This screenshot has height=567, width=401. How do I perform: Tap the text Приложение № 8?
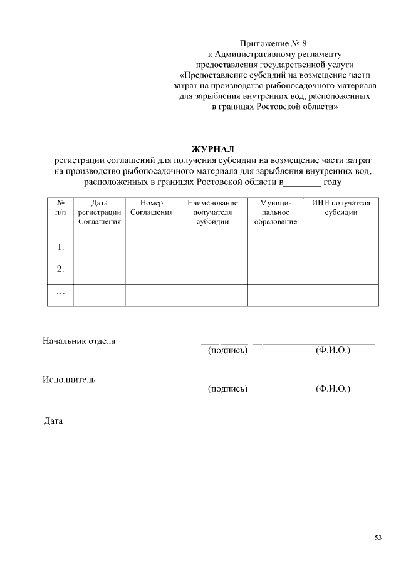[274, 44]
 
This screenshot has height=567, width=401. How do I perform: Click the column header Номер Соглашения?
[151, 208]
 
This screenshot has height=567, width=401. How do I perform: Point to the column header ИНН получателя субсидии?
[341, 208]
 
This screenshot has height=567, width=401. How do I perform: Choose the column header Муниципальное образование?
[275, 213]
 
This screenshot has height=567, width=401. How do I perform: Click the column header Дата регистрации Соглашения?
[99, 213]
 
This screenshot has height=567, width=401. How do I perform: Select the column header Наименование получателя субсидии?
[212, 213]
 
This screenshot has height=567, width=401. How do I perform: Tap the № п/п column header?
[61, 208]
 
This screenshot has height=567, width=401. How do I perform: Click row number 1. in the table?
[61, 247]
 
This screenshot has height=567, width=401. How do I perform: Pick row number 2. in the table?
[61, 269]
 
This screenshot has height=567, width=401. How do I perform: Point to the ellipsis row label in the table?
[61, 291]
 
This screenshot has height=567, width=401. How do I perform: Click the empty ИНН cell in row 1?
[341, 251]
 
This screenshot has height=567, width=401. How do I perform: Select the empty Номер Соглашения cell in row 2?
[151, 273]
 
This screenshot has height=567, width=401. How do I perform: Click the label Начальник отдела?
[79, 341]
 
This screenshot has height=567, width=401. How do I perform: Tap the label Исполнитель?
[69, 380]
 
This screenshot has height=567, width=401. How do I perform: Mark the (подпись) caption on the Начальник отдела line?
[227, 350]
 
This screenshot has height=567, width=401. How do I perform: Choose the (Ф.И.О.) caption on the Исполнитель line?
[333, 389]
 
